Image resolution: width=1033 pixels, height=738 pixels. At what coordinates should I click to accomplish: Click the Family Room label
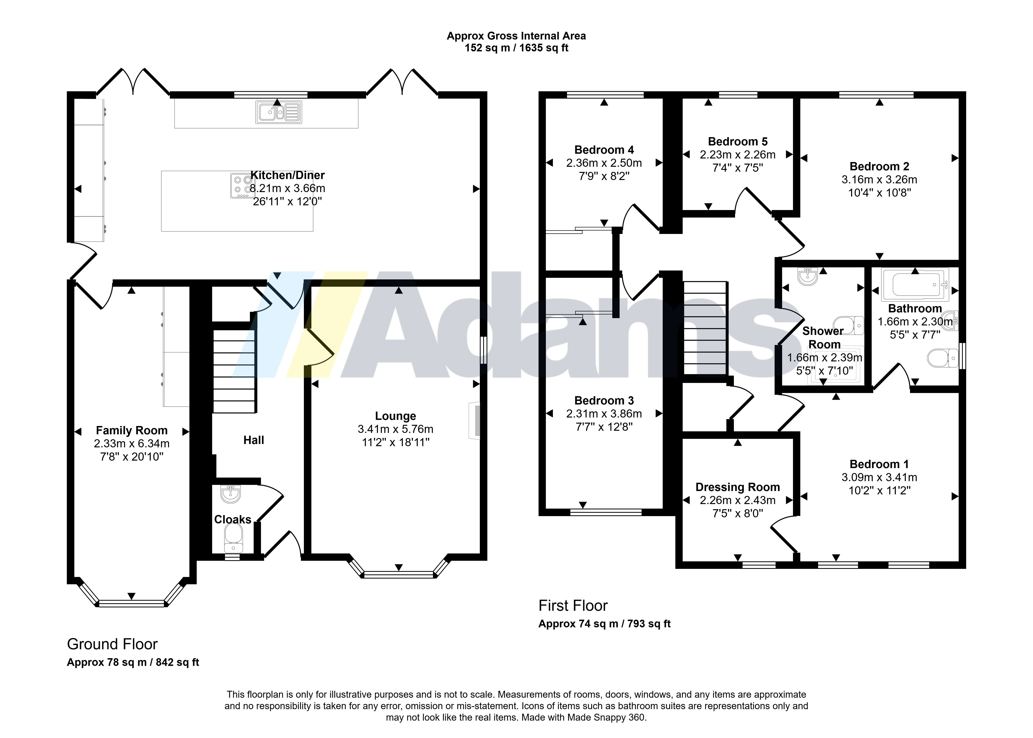click(x=132, y=430)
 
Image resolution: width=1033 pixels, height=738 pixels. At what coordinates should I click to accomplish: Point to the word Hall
click(x=254, y=440)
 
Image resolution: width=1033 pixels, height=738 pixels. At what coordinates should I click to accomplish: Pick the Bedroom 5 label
click(x=737, y=142)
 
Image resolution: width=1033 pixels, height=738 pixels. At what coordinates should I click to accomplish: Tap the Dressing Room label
click(x=737, y=487)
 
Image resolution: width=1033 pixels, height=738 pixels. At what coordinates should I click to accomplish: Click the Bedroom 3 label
click(x=604, y=400)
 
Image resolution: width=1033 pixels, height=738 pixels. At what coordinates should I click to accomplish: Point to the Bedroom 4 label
click(x=604, y=150)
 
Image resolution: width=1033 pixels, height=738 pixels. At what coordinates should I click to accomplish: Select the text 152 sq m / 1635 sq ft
click(x=516, y=48)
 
